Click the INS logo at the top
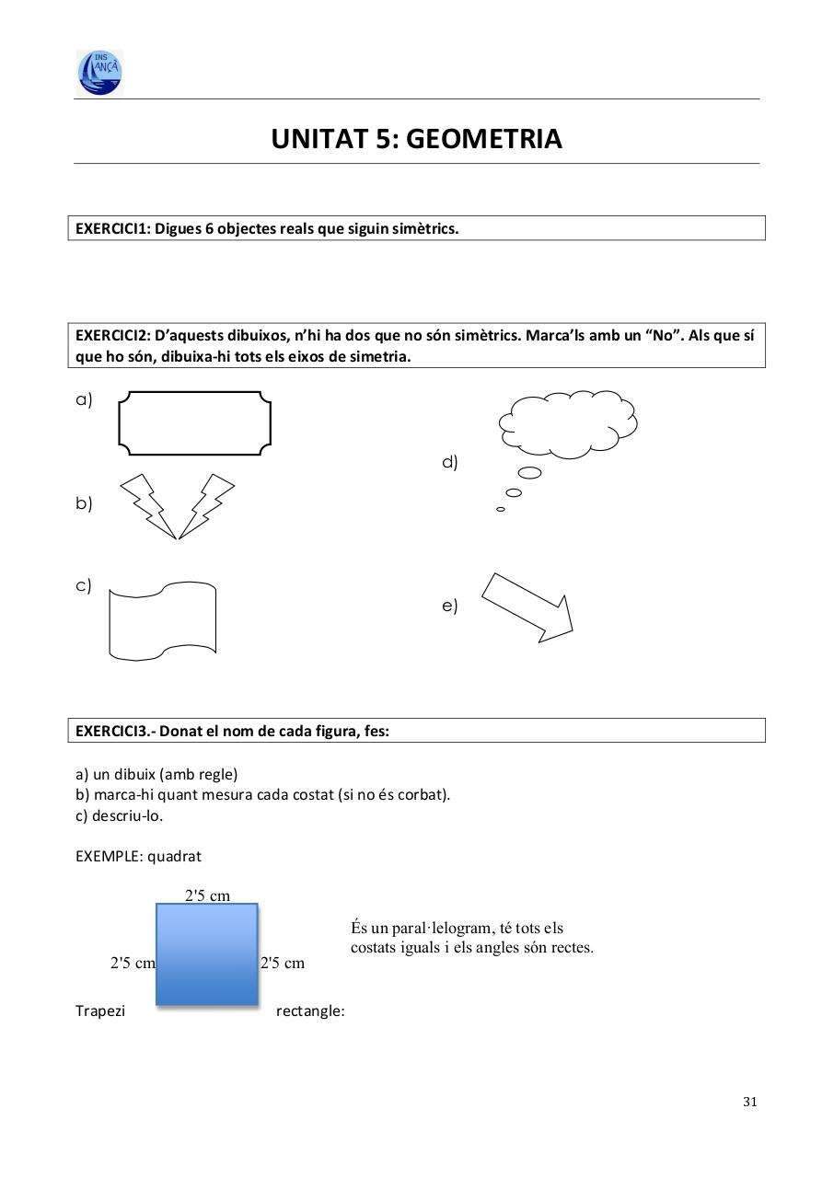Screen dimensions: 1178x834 99,73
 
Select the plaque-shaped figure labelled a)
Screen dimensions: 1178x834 195,422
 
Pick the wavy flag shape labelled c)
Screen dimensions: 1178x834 162,620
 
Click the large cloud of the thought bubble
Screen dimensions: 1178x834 568,422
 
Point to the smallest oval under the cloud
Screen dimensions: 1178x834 501,509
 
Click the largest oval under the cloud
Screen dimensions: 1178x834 529,473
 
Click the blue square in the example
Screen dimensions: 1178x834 206,953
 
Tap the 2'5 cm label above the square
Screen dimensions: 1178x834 208,895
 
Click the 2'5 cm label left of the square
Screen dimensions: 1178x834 133,964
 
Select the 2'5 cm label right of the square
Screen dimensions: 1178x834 283,964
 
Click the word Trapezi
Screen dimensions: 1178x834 100,1011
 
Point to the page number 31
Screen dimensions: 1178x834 749,1102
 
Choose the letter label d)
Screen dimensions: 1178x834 450,462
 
